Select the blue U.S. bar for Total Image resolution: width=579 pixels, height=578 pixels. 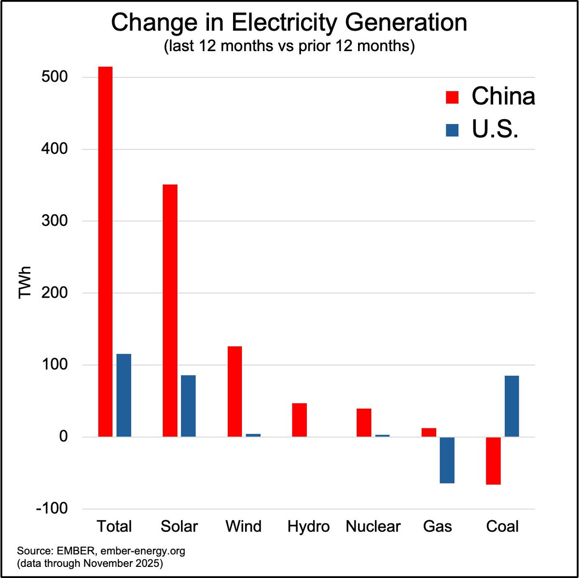click(x=124, y=396)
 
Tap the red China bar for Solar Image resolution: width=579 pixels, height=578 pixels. click(x=170, y=311)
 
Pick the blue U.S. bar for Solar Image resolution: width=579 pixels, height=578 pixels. click(x=188, y=406)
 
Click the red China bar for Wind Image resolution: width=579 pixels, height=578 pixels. click(x=234, y=392)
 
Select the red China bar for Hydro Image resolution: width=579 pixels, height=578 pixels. click(x=299, y=420)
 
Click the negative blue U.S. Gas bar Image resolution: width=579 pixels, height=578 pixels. click(x=447, y=460)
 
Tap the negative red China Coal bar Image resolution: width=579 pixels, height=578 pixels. click(x=493, y=461)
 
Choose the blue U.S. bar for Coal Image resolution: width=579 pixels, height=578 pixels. click(x=511, y=406)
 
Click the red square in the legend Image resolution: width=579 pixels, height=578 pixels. click(x=452, y=97)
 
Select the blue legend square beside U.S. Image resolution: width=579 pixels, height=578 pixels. click(x=452, y=130)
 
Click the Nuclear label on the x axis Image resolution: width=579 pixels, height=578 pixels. click(x=373, y=526)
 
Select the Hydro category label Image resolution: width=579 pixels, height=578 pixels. click(x=308, y=526)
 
